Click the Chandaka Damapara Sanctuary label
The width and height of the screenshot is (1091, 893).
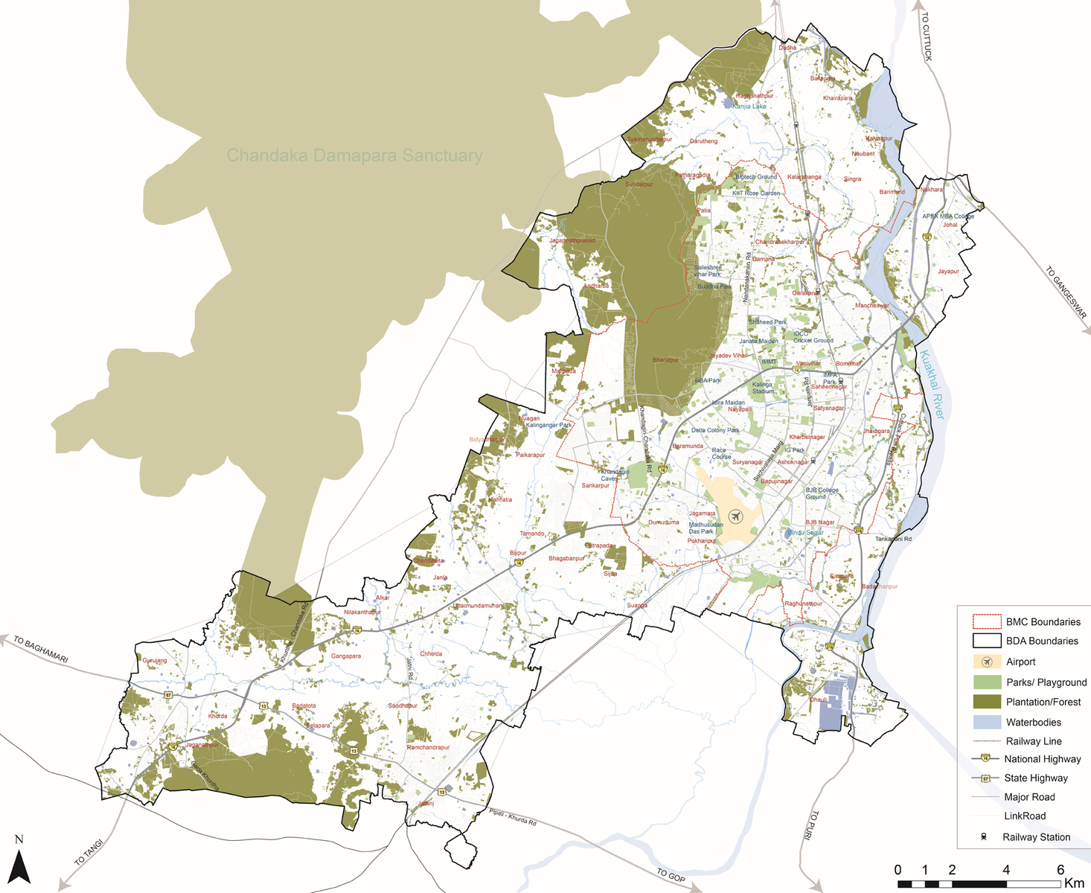click(x=354, y=156)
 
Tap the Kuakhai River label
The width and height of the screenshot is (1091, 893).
click(x=931, y=385)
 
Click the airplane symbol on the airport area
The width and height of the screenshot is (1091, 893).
click(x=735, y=516)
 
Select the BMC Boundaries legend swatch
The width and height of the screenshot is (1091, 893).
click(x=986, y=621)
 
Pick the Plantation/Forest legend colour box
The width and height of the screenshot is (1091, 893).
click(x=986, y=702)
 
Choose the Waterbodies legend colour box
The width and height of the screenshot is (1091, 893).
click(x=986, y=722)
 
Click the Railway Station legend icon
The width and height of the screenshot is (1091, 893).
click(x=984, y=836)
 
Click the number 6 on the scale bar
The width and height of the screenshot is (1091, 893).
click(x=1060, y=870)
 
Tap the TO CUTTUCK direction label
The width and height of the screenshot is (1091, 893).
click(x=926, y=36)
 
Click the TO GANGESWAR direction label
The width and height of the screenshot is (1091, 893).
click(x=1066, y=292)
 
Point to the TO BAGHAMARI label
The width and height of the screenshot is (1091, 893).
click(x=40, y=649)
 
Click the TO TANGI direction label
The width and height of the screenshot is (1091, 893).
click(x=89, y=853)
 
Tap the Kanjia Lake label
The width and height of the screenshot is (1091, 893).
click(x=749, y=106)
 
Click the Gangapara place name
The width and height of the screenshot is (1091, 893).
click(x=346, y=656)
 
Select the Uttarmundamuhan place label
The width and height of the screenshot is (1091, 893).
click(x=479, y=606)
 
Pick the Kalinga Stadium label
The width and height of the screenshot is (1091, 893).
click(x=762, y=388)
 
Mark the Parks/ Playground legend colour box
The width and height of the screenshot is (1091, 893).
click(x=986, y=682)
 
